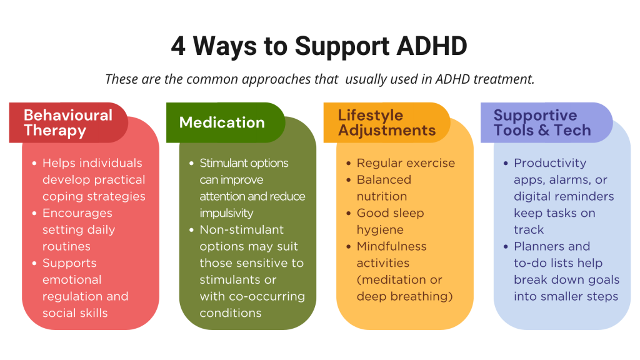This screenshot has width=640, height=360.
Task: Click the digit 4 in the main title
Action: (178, 46)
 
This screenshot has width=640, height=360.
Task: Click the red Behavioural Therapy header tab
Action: (69, 122)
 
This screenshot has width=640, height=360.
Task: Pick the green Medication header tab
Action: (226, 122)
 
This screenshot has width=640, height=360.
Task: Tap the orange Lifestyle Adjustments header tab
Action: (386, 122)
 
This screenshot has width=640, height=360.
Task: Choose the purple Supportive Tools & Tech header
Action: (546, 122)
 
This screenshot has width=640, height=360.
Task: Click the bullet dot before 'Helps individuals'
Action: (34, 163)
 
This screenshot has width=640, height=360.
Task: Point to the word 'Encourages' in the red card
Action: (77, 213)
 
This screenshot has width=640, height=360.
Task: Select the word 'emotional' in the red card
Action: (72, 279)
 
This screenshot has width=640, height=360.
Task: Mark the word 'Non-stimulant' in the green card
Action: (242, 230)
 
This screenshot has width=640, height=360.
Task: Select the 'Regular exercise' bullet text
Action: (406, 163)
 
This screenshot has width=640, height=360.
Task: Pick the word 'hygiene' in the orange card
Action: (380, 230)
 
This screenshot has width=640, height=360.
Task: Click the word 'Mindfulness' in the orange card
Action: (391, 246)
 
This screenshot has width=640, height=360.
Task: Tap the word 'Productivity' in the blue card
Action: (550, 163)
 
